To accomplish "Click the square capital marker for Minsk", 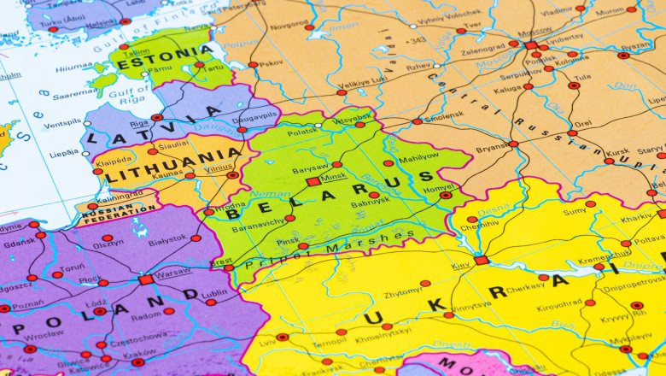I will pyautogui.click(x=313, y=181).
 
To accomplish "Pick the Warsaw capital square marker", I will pyautogui.click(x=146, y=279).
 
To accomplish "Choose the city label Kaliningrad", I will pyautogui.click(x=120, y=193).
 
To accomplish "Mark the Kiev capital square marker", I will pyautogui.click(x=482, y=260).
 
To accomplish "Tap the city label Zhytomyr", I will pyautogui.click(x=404, y=292).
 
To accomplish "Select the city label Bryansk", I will pyautogui.click(x=492, y=148).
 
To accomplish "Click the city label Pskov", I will pyautogui.click(x=271, y=62).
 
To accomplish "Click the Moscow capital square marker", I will pyautogui.click(x=531, y=44).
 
